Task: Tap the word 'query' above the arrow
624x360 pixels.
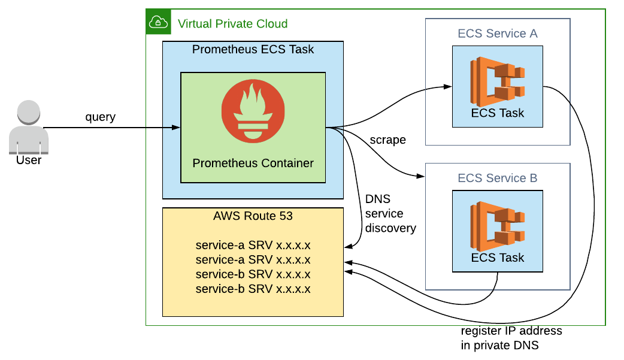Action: click(x=100, y=117)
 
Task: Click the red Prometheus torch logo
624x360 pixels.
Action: click(x=253, y=111)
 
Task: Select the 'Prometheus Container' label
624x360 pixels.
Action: click(x=253, y=163)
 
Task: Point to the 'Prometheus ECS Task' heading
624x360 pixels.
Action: click(x=253, y=50)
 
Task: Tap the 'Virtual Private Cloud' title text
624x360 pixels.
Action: click(x=232, y=24)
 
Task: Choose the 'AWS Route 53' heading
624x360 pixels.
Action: click(x=253, y=216)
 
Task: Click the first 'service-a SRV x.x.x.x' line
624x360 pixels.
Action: click(x=253, y=246)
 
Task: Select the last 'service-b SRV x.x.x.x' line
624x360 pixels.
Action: click(x=253, y=289)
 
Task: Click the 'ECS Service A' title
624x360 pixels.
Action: click(x=498, y=34)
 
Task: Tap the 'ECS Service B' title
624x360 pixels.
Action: click(x=498, y=179)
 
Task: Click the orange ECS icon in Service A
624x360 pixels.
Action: click(x=498, y=79)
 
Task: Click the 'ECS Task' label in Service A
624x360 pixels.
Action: click(x=498, y=113)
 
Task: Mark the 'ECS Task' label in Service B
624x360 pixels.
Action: click(x=498, y=258)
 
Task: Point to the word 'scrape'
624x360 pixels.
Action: click(x=388, y=140)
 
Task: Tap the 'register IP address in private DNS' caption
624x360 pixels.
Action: click(x=511, y=338)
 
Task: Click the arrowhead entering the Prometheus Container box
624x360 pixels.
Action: click(x=177, y=127)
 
